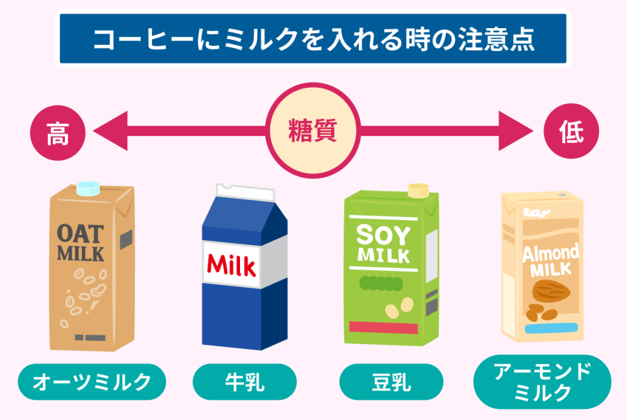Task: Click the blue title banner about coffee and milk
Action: click(x=313, y=39)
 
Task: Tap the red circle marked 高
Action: click(x=58, y=133)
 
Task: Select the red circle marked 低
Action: click(x=571, y=131)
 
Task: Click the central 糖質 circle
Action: click(x=313, y=131)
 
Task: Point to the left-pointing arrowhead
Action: click(x=110, y=131)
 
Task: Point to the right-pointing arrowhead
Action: click(x=516, y=131)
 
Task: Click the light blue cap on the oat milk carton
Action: click(x=88, y=189)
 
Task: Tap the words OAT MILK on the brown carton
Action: click(x=80, y=243)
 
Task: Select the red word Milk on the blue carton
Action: click(x=231, y=265)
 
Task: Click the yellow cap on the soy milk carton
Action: click(x=418, y=191)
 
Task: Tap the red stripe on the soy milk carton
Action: click(x=383, y=327)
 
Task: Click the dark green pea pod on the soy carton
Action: click(x=381, y=283)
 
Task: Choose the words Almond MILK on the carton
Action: click(x=550, y=260)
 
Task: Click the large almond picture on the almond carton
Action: click(x=551, y=291)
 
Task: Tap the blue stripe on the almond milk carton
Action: click(x=552, y=328)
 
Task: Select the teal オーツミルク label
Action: click(x=92, y=381)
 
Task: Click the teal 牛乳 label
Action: click(x=245, y=381)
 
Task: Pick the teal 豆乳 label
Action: click(x=391, y=381)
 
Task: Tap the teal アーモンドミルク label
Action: click(x=543, y=381)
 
